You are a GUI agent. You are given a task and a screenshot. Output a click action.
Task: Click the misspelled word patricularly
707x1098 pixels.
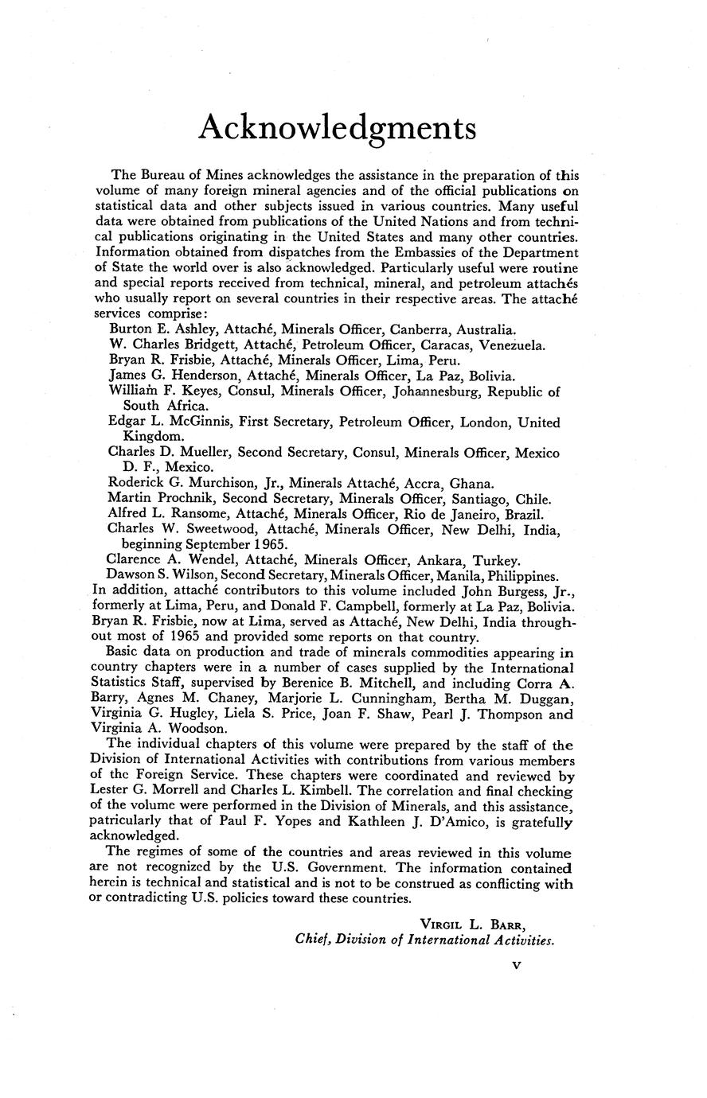point(127,821)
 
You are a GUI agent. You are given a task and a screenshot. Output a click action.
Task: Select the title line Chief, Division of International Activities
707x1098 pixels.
point(424,940)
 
